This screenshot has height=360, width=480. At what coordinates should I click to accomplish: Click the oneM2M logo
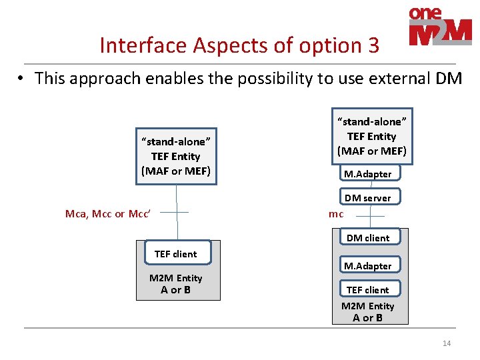[x=440, y=26]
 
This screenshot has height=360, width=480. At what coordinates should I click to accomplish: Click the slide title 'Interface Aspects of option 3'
[x=239, y=45]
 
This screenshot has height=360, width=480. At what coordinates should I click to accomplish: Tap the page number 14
[x=447, y=343]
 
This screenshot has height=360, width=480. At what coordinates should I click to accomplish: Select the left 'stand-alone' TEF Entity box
[x=176, y=156]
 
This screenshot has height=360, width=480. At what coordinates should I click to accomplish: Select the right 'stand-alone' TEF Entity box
[x=372, y=136]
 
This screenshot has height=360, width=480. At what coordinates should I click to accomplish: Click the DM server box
[x=367, y=197]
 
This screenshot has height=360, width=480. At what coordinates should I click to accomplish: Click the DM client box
[x=367, y=237]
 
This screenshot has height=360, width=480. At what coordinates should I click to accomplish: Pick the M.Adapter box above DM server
[x=367, y=173]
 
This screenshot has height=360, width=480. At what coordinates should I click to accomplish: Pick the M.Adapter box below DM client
[x=367, y=265]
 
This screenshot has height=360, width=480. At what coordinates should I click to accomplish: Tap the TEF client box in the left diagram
[x=175, y=253]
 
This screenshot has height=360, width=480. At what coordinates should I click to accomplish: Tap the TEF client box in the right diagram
[x=367, y=289]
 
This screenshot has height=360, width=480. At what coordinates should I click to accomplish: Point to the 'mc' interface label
[x=336, y=214]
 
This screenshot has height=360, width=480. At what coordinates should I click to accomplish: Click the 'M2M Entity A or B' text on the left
[x=176, y=284]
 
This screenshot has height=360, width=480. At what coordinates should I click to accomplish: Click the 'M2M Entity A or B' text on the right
[x=368, y=312]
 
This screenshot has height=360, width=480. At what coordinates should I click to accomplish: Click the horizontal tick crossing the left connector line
[x=176, y=213]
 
